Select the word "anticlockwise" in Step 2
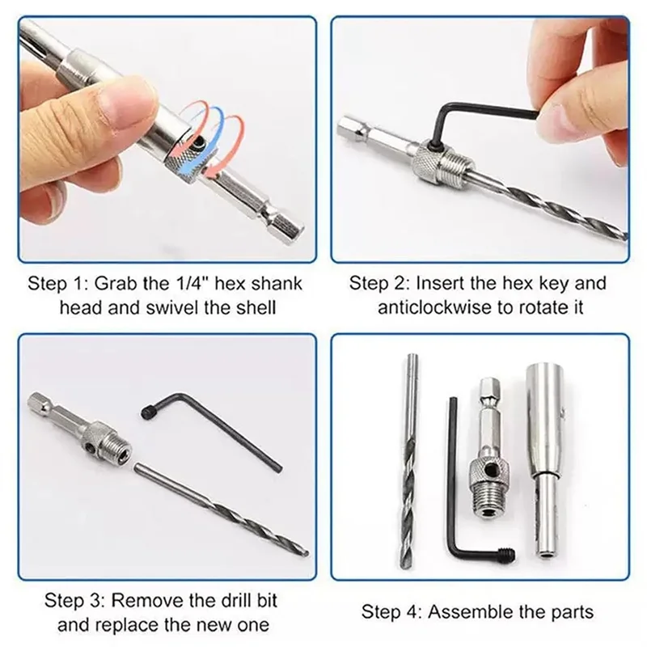422,307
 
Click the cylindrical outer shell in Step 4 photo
543,453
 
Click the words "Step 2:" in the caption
376,284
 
